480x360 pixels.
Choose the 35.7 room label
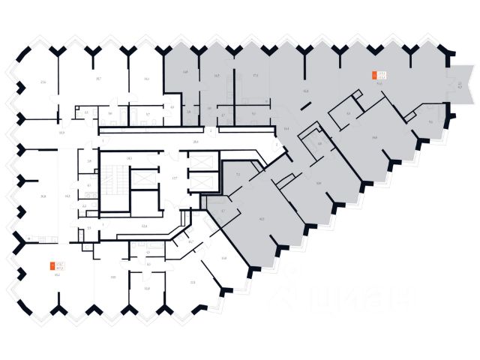pos(98,78)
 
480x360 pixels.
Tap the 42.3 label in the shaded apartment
pos(261,219)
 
